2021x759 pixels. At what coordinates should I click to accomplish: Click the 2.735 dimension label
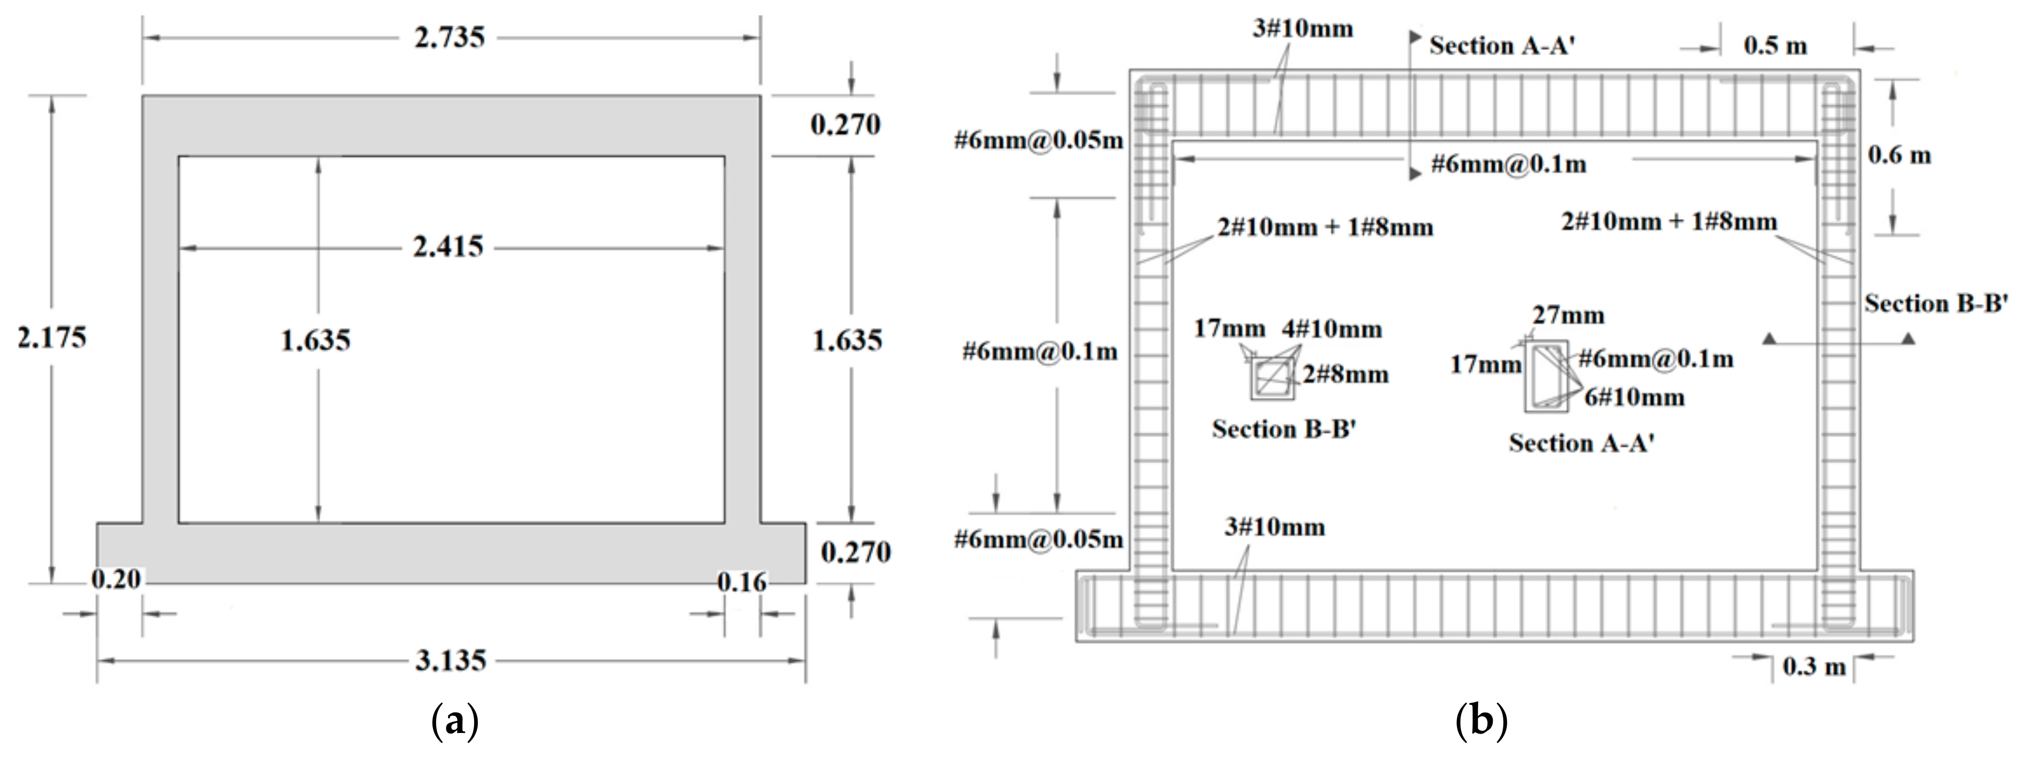(450, 37)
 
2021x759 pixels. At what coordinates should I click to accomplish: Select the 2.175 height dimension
(52, 337)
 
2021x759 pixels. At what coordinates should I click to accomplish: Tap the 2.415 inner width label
(449, 247)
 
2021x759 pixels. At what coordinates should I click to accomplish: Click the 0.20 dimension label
(116, 579)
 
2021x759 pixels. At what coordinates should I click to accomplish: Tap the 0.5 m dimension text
(1775, 45)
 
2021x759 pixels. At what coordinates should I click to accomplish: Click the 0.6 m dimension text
(1899, 156)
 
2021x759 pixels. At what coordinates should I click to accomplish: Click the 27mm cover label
(1568, 315)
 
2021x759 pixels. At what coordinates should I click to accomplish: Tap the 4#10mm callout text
(1332, 329)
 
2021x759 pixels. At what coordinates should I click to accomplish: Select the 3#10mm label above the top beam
(1302, 29)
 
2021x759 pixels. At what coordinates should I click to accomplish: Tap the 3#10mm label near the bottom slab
(1274, 527)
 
